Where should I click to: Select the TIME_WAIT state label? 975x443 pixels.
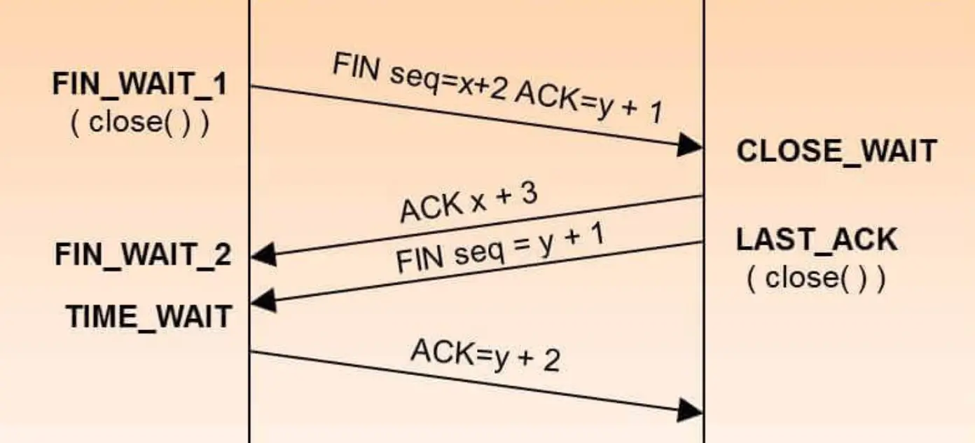tap(148, 316)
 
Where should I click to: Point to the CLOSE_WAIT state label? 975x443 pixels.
tap(836, 151)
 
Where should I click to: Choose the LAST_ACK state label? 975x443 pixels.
tap(816, 240)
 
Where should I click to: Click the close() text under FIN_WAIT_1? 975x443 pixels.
tap(140, 123)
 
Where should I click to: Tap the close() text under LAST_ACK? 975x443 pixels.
tap(816, 278)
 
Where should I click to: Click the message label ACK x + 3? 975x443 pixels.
tap(468, 203)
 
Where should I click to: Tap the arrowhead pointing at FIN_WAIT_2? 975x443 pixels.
tap(263, 257)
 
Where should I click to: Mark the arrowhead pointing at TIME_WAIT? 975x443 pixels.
tap(263, 303)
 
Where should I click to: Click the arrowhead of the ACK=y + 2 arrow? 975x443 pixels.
tap(691, 410)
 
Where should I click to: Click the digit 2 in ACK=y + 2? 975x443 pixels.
tap(551, 362)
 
